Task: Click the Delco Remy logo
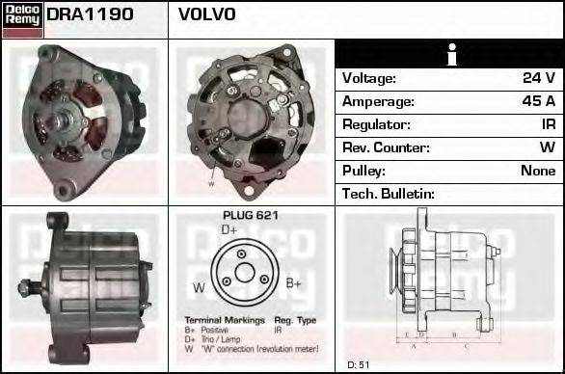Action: [22, 18]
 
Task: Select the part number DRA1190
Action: [90, 15]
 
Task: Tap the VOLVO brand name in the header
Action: [206, 15]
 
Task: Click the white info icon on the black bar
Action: [448, 55]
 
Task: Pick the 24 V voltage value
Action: [538, 78]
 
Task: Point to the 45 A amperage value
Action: [538, 101]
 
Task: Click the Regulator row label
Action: [376, 124]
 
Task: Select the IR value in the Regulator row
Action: [548, 124]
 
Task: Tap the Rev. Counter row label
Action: [386, 147]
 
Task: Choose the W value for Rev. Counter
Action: [547, 147]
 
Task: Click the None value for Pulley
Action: [538, 171]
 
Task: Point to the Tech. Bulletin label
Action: [389, 194]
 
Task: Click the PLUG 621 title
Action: [250, 216]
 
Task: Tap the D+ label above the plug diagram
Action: [229, 230]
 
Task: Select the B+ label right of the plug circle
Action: [294, 282]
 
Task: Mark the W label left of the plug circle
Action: [199, 287]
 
